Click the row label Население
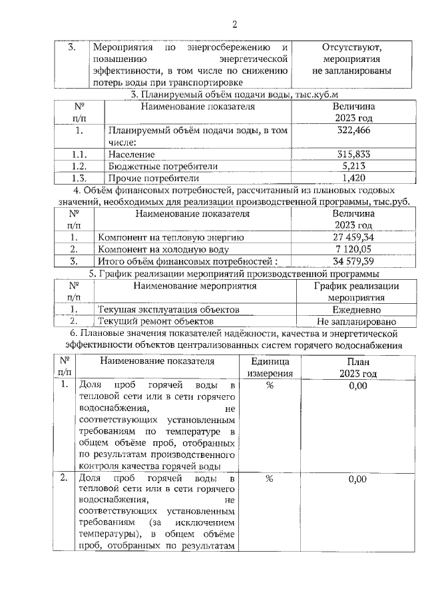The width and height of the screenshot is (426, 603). (130, 155)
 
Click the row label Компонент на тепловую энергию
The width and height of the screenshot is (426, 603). (171, 237)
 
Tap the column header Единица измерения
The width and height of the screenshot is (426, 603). (270, 367)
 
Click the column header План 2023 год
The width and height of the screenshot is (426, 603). (357, 367)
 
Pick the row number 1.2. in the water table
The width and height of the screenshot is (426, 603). (79, 166)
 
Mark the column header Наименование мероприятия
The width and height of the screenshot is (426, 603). (195, 286)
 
